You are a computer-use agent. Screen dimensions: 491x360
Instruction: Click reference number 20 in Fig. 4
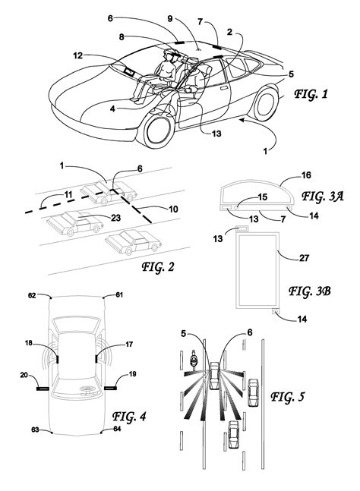pos(26,374)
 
